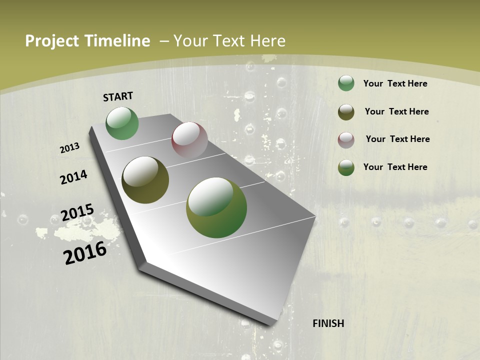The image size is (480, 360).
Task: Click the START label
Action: pos(118,96)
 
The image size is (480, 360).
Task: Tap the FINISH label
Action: pos(328,323)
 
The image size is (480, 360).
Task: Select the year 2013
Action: pos(69,148)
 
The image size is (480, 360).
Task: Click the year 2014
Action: pos(73,177)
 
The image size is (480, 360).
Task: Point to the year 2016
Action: pos(85,253)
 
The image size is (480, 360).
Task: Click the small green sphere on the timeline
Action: pos(122,123)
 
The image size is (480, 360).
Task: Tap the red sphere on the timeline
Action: pos(189,140)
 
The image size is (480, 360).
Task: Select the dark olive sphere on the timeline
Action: pos(145,180)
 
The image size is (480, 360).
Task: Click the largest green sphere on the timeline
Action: pos(216,207)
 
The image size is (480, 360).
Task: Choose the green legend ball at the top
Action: pos(346,83)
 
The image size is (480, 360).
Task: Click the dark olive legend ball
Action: pos(346,112)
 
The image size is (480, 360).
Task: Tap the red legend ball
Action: pos(346,140)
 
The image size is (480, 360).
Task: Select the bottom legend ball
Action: pos(346,167)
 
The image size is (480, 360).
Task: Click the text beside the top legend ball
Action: pos(395,83)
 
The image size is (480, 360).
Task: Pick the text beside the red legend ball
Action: pos(397,139)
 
